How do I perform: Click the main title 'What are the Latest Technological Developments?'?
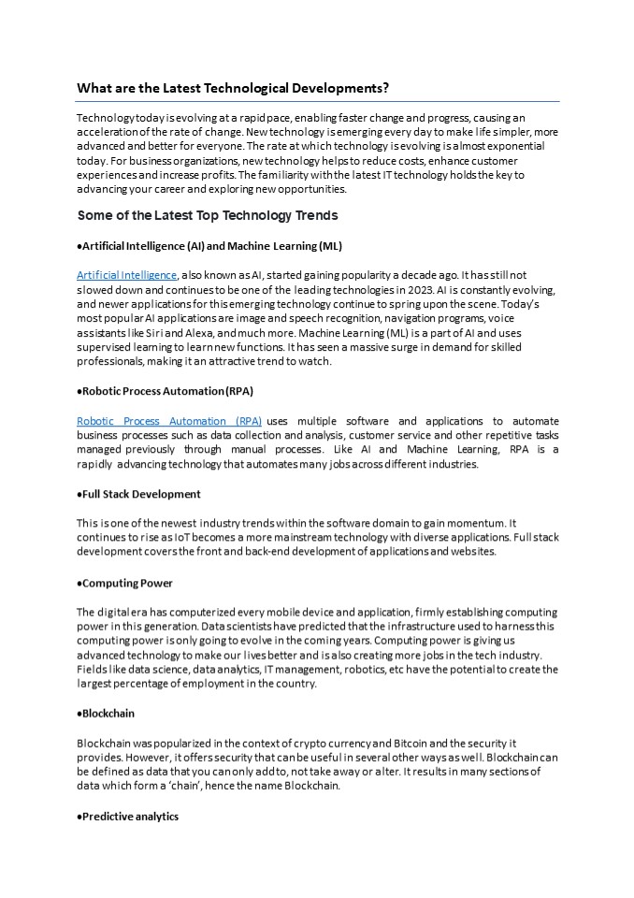pos(233,88)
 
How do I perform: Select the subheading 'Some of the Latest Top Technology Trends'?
pos(207,215)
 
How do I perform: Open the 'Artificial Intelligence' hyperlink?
pos(126,275)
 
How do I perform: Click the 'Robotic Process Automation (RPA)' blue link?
pos(169,421)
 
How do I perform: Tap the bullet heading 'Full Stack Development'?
pos(140,494)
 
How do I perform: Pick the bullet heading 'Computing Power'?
pos(126,583)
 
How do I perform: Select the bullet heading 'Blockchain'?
pos(108,713)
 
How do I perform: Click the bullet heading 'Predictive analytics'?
pos(129,817)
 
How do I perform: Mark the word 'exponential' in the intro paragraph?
pos(525,147)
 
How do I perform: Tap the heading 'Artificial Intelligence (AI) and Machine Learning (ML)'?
pos(210,246)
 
